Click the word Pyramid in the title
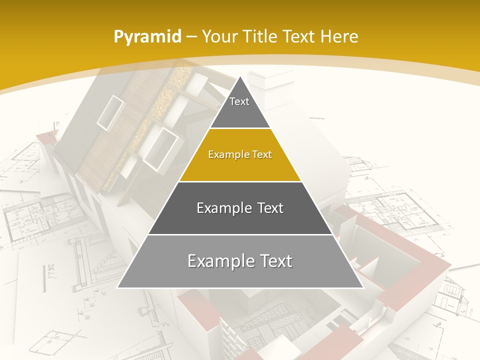(x=147, y=37)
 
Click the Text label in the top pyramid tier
(x=239, y=101)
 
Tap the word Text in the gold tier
(x=262, y=154)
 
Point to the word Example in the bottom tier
(x=218, y=261)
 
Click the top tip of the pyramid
(x=240, y=78)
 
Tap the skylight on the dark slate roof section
(x=110, y=112)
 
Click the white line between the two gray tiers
(x=240, y=234)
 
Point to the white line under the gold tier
(x=240, y=181)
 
